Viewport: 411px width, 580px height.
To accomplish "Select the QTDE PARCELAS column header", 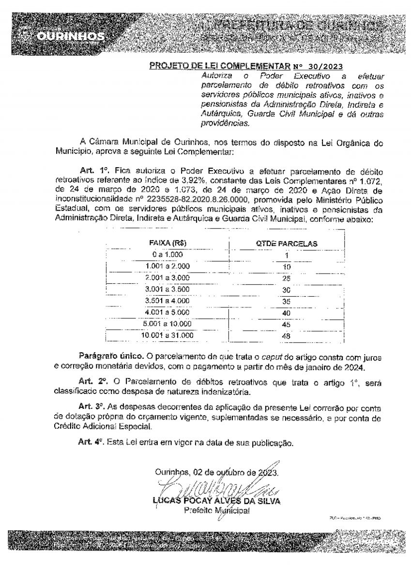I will click(287, 244).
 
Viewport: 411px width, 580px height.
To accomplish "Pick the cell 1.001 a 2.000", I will click(167, 266).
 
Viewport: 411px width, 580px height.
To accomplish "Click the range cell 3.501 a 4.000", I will click(167, 301).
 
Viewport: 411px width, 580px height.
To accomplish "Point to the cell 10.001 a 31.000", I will click(167, 335).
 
